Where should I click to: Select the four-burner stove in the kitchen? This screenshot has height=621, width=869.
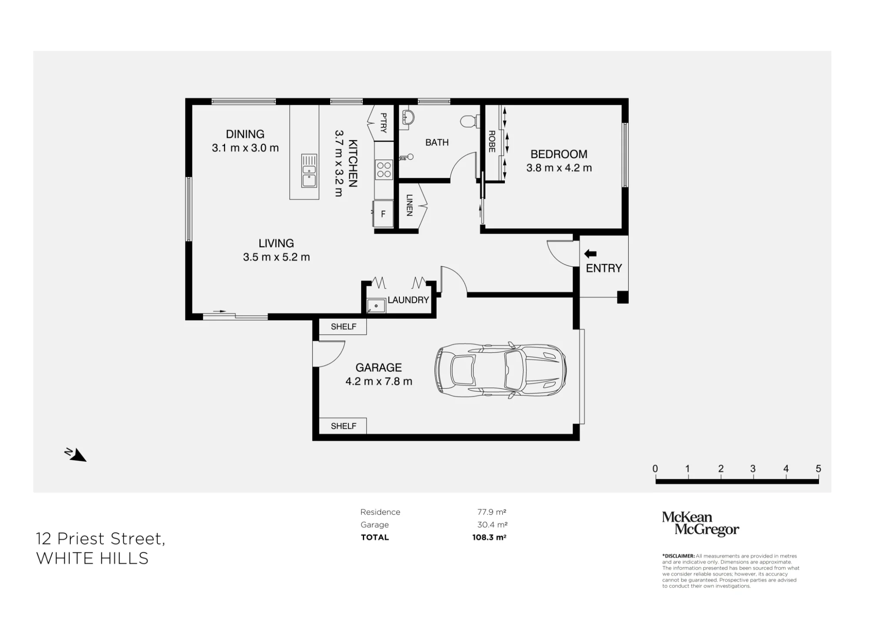pyautogui.click(x=384, y=170)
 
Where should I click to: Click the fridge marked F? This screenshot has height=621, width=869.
pyautogui.click(x=383, y=214)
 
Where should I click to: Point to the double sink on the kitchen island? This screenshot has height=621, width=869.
pyautogui.click(x=309, y=170)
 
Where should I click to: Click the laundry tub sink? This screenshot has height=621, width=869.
pyautogui.click(x=376, y=306)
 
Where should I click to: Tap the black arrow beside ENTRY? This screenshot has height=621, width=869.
pyautogui.click(x=590, y=254)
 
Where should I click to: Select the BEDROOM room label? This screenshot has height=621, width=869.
pyautogui.click(x=559, y=154)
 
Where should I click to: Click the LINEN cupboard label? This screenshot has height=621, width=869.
pyautogui.click(x=409, y=205)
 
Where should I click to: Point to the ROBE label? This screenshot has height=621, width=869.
pyautogui.click(x=492, y=141)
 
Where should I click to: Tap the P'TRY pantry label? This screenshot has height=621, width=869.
pyautogui.click(x=384, y=123)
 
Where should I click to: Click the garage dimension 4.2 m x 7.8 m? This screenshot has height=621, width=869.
pyautogui.click(x=379, y=381)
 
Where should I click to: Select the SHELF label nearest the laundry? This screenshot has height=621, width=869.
pyautogui.click(x=343, y=327)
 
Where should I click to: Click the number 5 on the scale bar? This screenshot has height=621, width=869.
pyautogui.click(x=819, y=469)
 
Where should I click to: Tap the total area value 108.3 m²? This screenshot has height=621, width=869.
pyautogui.click(x=490, y=537)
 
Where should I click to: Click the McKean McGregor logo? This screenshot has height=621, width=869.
pyautogui.click(x=700, y=524)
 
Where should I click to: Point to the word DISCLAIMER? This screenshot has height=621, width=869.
pyautogui.click(x=679, y=556)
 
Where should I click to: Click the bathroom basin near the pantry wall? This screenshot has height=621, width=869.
pyautogui.click(x=408, y=117)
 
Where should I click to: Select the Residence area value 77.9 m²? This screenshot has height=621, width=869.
pyautogui.click(x=492, y=512)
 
